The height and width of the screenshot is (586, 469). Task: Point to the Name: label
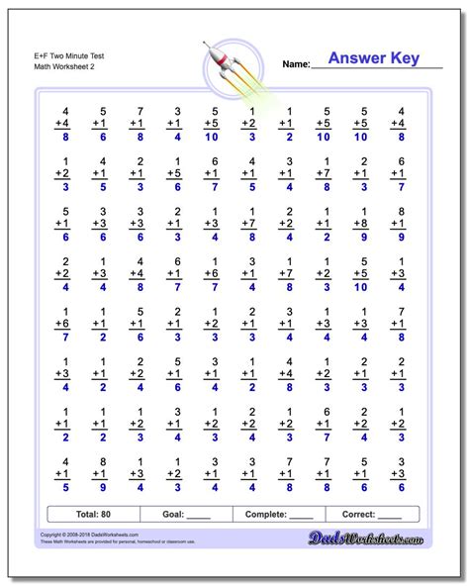pos(297,64)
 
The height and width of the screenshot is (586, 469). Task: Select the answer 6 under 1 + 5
pos(176,185)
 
